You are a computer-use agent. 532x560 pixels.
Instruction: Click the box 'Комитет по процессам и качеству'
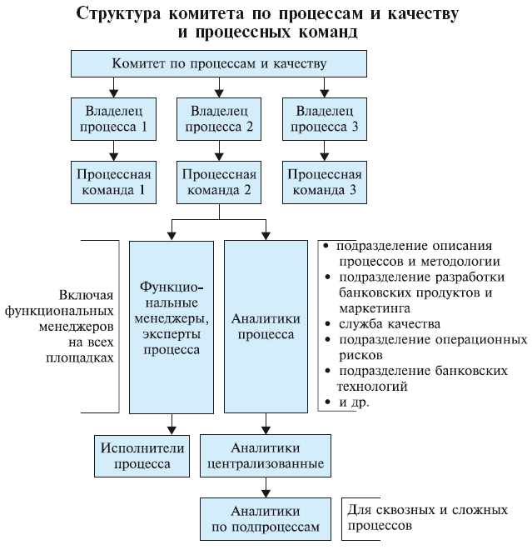click(219, 63)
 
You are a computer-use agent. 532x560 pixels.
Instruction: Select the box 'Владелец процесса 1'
click(111, 119)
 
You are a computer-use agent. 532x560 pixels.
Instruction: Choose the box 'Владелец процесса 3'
click(323, 119)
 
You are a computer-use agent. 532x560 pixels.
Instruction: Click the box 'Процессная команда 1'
click(111, 182)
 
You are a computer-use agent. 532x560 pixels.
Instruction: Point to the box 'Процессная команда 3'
click(323, 182)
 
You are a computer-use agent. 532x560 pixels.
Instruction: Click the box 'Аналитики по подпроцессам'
click(264, 518)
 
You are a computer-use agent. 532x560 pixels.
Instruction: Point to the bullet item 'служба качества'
click(388, 323)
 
